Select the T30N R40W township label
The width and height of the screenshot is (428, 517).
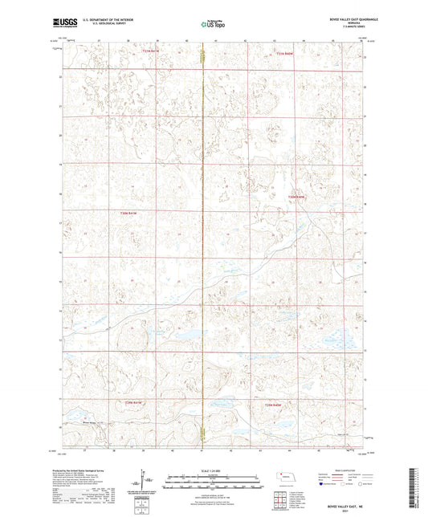298,196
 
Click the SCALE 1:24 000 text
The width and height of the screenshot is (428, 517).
213,470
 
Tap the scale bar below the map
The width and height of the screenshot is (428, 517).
213,485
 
